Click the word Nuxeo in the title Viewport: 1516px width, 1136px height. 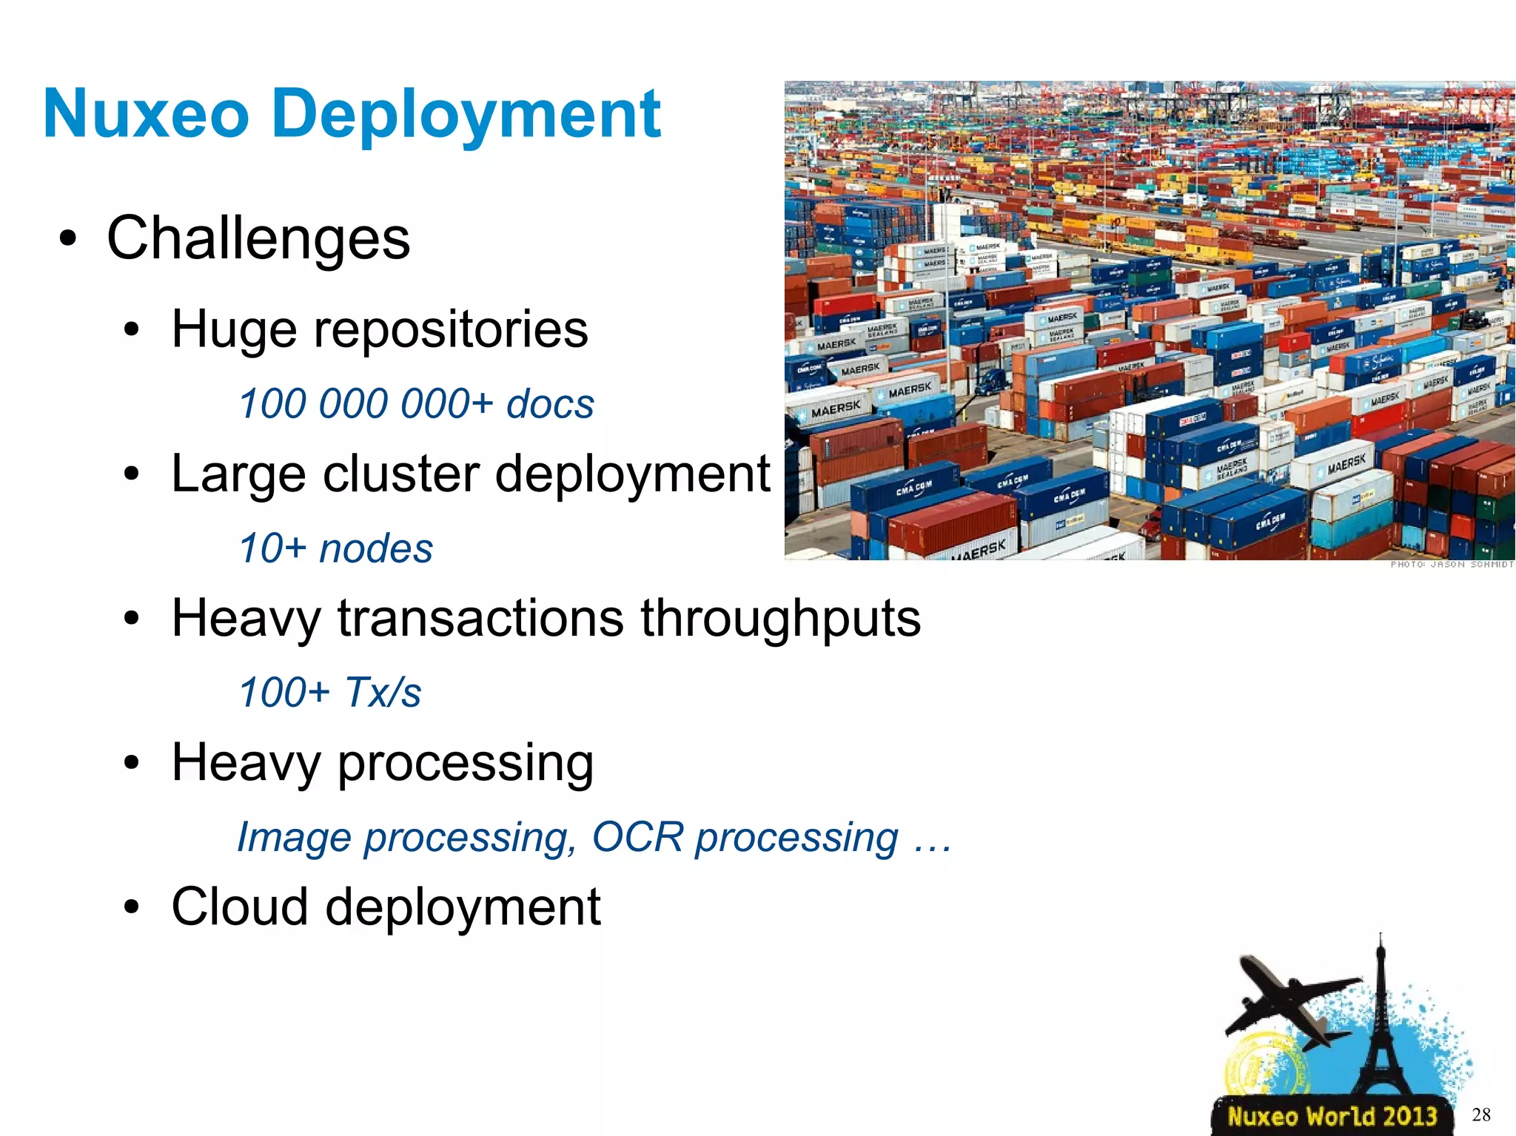pyautogui.click(x=146, y=114)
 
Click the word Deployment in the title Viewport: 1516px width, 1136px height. pyautogui.click(x=466, y=115)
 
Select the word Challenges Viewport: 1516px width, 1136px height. pyautogui.click(x=258, y=238)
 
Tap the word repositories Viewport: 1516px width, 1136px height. pyautogui.click(x=451, y=330)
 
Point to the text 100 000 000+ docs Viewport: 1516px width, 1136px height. pyautogui.click(x=416, y=404)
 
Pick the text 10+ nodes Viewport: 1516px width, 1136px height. pyautogui.click(x=335, y=548)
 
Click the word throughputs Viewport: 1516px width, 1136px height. pyautogui.click(x=780, y=619)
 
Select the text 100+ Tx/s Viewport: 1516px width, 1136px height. pyautogui.click(x=329, y=693)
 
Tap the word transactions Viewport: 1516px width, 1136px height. pyautogui.click(x=480, y=619)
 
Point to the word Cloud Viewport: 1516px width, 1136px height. pyautogui.click(x=240, y=907)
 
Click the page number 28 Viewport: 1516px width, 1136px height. pyautogui.click(x=1481, y=1115)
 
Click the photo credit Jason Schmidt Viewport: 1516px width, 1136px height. pyautogui.click(x=1452, y=565)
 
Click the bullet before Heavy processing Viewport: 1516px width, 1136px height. pyautogui.click(x=132, y=763)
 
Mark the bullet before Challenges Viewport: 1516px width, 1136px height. pyautogui.click(x=68, y=238)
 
